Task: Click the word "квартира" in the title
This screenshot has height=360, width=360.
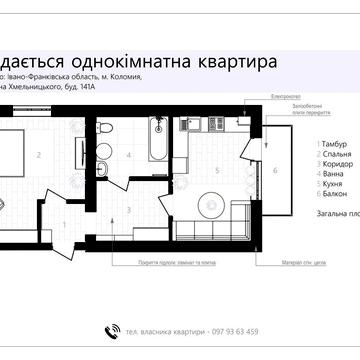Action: coord(238,61)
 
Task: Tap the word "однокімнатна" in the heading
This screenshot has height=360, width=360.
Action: coord(135,61)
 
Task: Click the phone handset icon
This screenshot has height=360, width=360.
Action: coord(111,332)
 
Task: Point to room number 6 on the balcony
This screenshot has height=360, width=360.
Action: coord(275,171)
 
